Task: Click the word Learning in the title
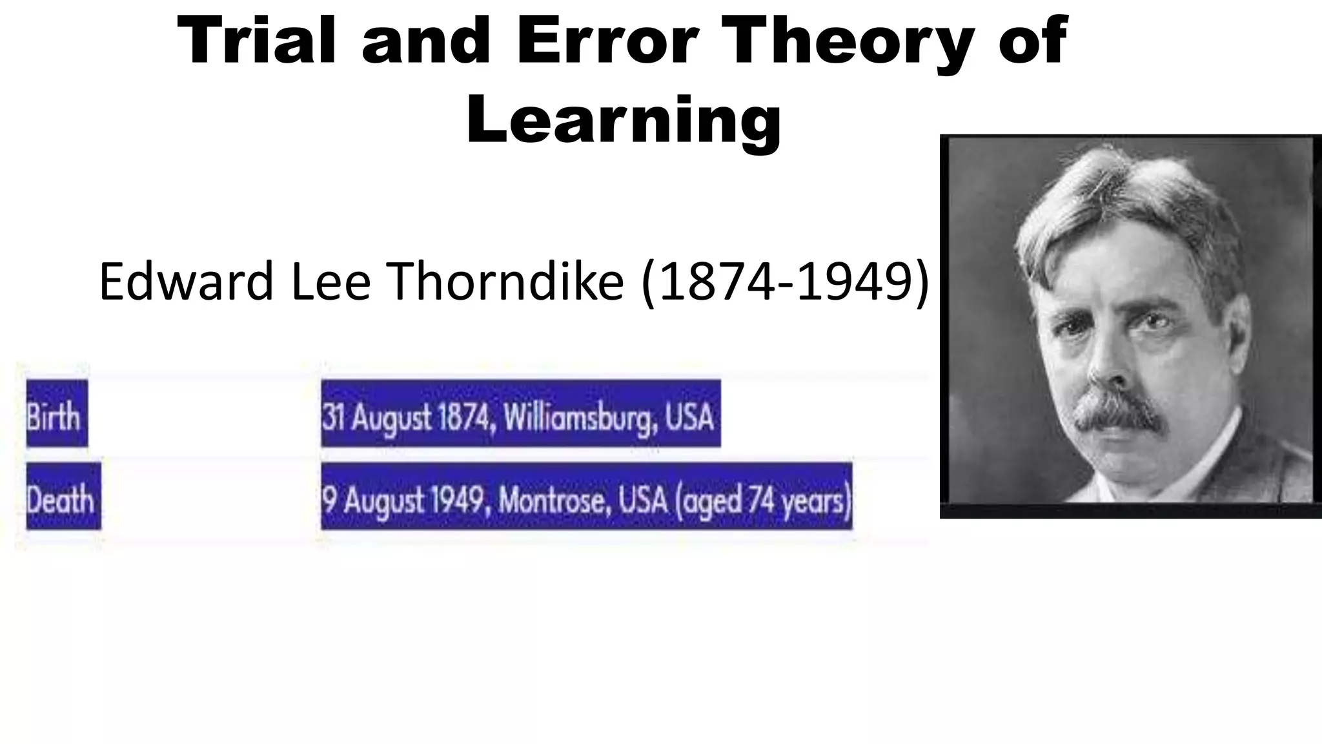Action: click(x=624, y=120)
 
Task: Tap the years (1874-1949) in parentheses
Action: click(x=784, y=282)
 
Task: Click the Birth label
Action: click(x=54, y=417)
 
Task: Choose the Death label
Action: click(x=61, y=500)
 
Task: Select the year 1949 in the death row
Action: click(x=458, y=501)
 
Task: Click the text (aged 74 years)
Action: click(x=762, y=501)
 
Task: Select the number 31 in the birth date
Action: click(x=332, y=417)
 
